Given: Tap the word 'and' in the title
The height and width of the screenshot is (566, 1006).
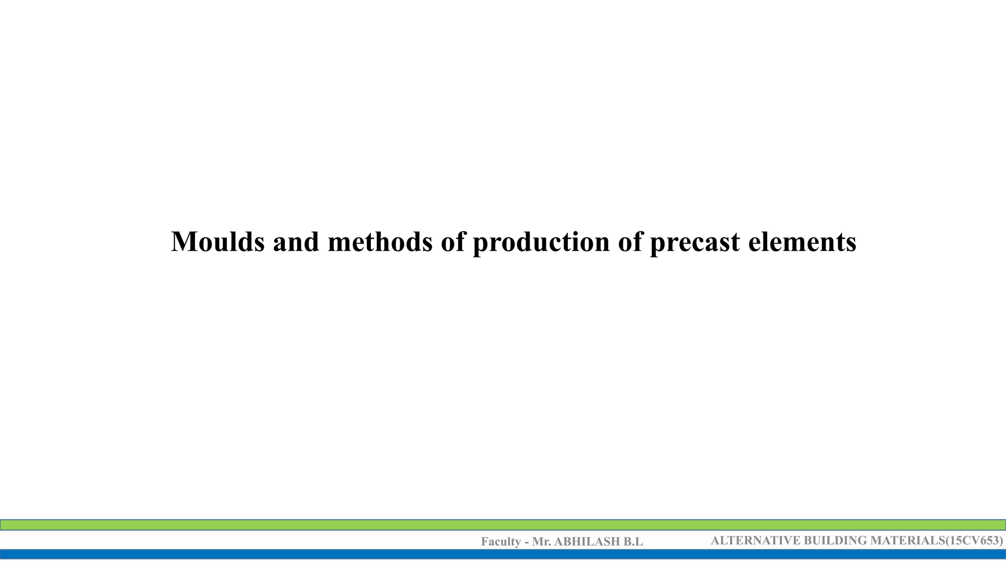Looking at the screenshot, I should point(296,242).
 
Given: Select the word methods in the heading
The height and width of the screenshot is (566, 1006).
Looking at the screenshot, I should point(380,242).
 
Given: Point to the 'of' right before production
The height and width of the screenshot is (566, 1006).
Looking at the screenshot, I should point(452,242).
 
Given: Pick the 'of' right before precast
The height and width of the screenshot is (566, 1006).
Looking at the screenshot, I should point(630,242).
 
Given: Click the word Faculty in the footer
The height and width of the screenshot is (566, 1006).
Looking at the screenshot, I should point(501,542).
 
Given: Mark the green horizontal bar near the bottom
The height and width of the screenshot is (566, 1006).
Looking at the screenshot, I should point(503,525).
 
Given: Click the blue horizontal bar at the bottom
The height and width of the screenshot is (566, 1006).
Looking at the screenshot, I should point(503,554).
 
